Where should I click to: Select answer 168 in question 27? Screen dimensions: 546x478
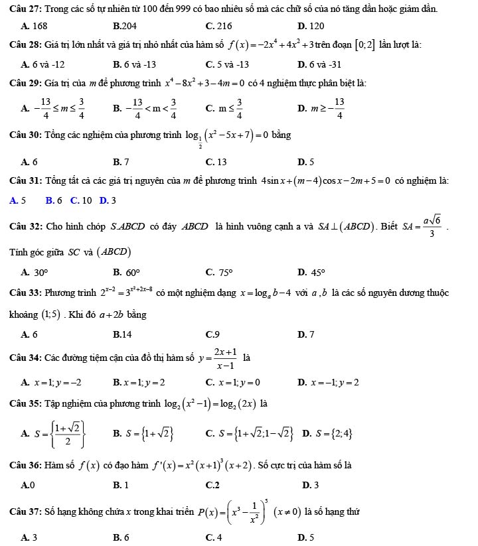tap(34, 26)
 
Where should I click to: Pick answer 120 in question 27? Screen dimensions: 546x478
tap(311, 26)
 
